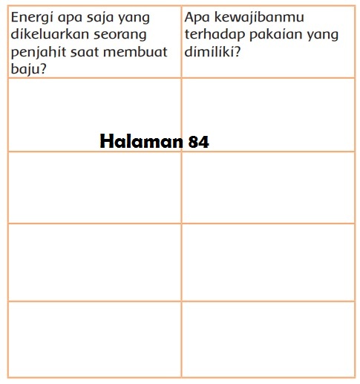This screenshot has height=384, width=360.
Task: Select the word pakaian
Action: click(272, 35)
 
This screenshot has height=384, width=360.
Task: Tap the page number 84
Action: click(198, 141)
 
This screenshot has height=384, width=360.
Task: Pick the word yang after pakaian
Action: click(320, 35)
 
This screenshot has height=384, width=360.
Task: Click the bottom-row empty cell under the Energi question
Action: click(94, 337)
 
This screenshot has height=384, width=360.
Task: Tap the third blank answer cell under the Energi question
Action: click(94, 261)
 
